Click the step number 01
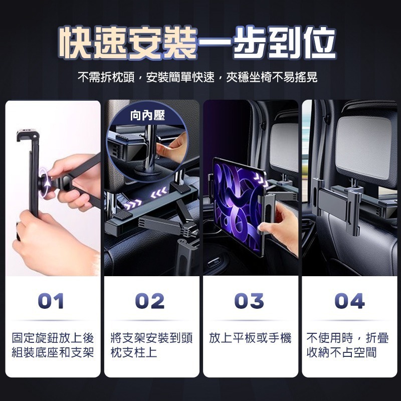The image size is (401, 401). pos(51,301)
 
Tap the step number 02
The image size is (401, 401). pos(150,301)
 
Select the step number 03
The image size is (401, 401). pos(250,301)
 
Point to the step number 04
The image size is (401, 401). pos(349,301)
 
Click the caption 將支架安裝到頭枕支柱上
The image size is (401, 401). pos(151,345)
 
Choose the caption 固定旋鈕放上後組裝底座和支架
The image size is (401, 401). pos(53,345)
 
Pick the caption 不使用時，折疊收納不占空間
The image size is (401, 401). pos(348,345)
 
